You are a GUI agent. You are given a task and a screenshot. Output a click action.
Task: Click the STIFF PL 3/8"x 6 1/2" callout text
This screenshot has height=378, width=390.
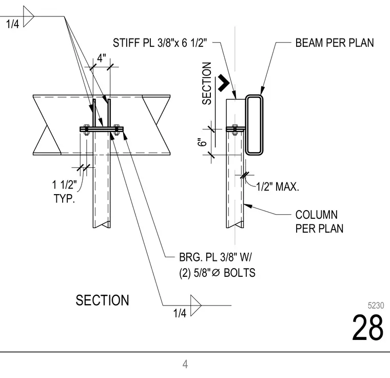coord(160,43)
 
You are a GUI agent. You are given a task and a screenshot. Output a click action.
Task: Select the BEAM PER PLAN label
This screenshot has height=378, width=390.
coord(335,43)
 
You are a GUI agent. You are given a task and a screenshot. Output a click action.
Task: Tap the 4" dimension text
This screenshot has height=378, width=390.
coord(101,58)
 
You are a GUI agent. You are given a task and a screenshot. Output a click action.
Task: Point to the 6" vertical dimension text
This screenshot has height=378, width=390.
coord(203,142)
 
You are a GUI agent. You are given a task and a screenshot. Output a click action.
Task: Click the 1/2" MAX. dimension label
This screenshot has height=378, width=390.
coord(278,186)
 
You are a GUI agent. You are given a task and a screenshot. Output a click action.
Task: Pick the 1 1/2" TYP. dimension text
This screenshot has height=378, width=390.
coord(65,192)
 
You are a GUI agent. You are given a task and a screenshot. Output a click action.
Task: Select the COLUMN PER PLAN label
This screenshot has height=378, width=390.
coord(319,222)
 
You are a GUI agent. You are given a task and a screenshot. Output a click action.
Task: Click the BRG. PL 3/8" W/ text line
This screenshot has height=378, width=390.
coord(216,257)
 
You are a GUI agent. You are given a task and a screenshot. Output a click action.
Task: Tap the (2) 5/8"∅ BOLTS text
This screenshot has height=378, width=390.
coord(217,273)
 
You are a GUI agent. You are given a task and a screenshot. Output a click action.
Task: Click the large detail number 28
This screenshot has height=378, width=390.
coord(367,328)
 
